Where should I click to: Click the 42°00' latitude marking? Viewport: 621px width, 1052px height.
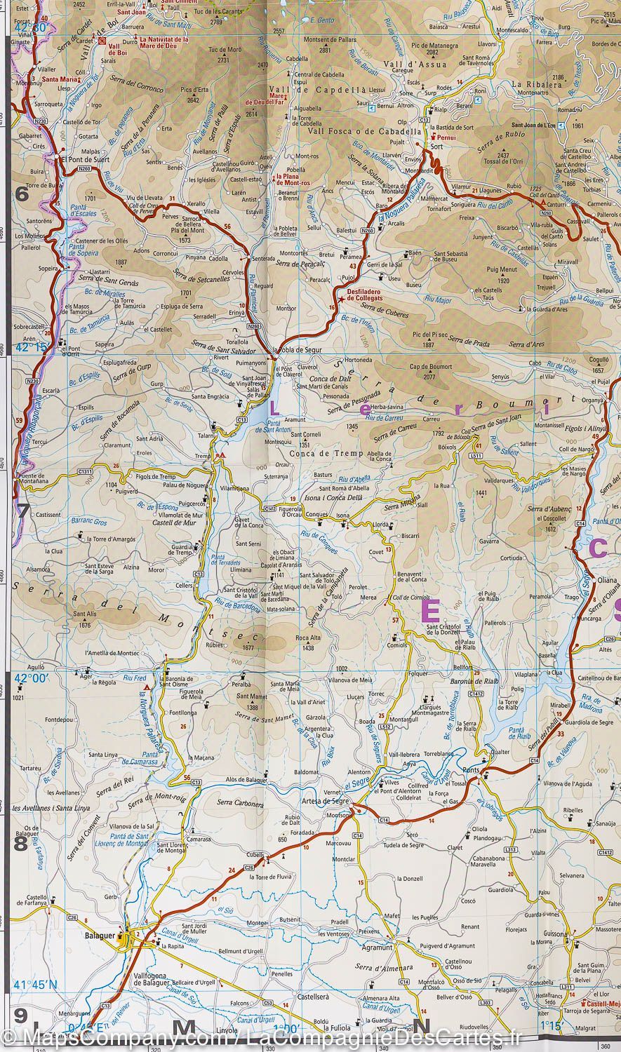point(30,677)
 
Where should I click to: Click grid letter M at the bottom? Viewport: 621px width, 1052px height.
point(184,1028)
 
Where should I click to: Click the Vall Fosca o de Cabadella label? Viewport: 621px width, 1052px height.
point(364,131)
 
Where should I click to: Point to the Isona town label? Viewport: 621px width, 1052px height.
point(342,516)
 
